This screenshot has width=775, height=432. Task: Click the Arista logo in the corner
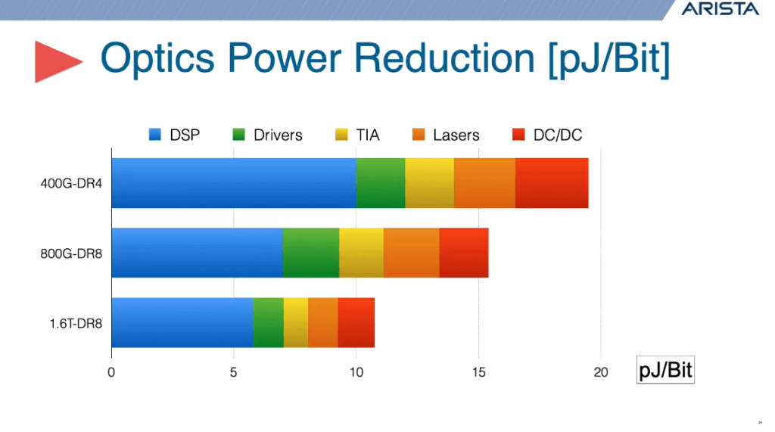point(719,9)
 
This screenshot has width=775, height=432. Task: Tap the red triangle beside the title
point(58,61)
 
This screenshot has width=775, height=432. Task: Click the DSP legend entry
point(175,135)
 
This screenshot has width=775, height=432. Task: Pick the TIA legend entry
point(357,135)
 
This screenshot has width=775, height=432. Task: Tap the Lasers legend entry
point(446,135)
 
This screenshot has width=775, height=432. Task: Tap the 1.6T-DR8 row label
point(77,323)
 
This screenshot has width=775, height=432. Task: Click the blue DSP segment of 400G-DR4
point(233,183)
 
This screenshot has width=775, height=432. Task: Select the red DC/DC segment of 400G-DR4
point(552,183)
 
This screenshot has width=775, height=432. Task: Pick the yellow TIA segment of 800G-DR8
point(361,253)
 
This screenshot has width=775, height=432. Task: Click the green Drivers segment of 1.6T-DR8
point(268,323)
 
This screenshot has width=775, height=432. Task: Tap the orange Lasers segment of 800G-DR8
point(411,253)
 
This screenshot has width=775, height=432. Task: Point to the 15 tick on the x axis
point(478,372)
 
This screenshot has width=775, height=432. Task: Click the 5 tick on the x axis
point(233,372)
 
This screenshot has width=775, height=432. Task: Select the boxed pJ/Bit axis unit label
point(665,371)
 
